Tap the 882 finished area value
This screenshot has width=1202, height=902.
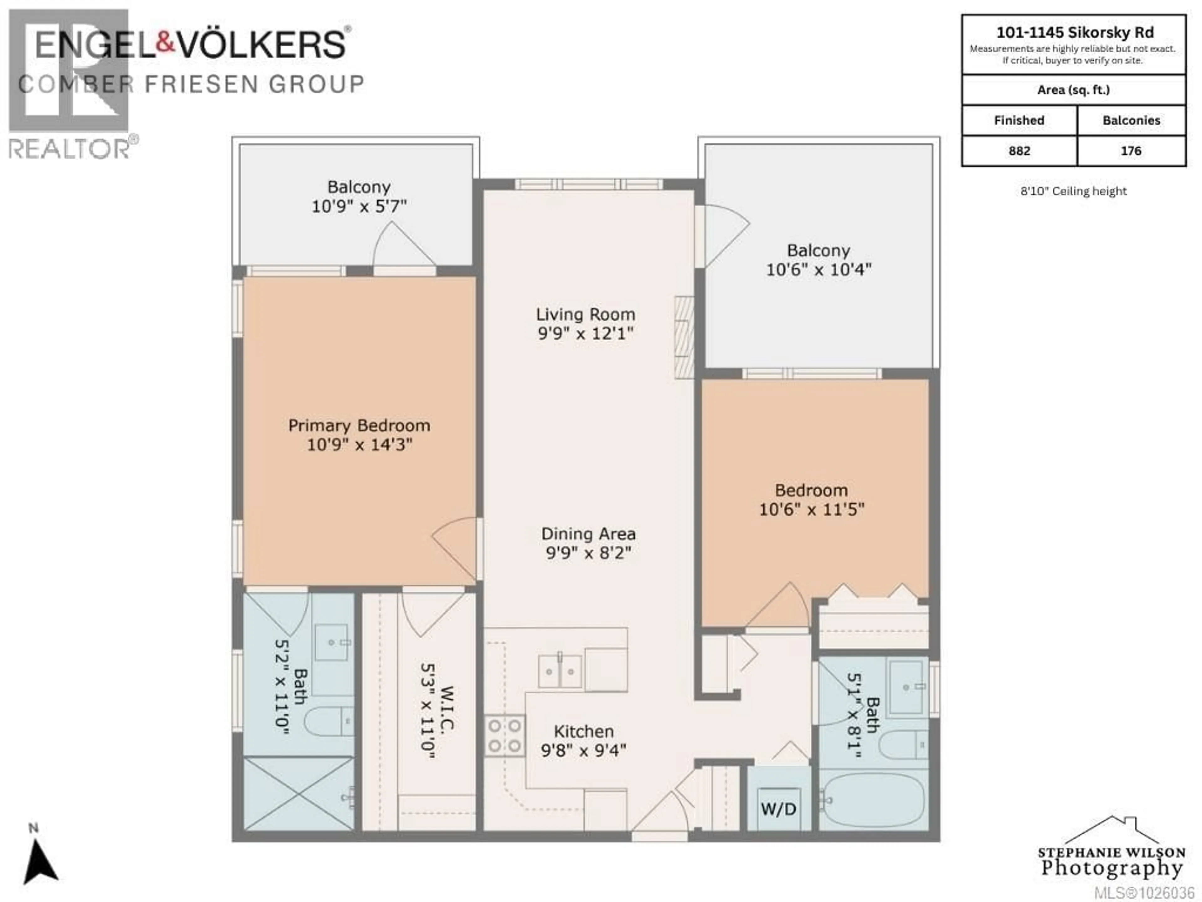[x=1019, y=151]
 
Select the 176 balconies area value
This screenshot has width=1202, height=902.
[x=1131, y=151]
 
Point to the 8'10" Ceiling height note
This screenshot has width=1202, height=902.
[x=1073, y=191]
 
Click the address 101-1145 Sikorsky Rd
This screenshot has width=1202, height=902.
[x=1074, y=33]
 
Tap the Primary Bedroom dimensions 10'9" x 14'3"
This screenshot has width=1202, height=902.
[x=359, y=445]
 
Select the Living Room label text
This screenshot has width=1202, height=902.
[x=585, y=314]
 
